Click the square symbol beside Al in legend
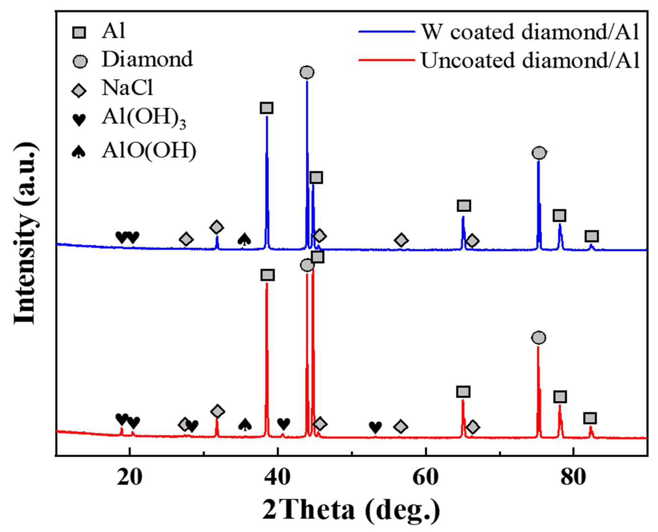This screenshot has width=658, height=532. pyautogui.click(x=79, y=32)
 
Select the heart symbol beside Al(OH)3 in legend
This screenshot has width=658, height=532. pyautogui.click(x=79, y=119)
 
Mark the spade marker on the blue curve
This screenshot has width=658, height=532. pyautogui.click(x=244, y=239)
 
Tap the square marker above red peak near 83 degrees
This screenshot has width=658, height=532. pyautogui.click(x=590, y=418)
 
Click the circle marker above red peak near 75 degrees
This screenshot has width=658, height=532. pyautogui.click(x=539, y=338)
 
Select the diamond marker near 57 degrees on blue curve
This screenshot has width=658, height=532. pyautogui.click(x=401, y=240)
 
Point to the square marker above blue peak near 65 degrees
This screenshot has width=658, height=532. pyautogui.click(x=464, y=206)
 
